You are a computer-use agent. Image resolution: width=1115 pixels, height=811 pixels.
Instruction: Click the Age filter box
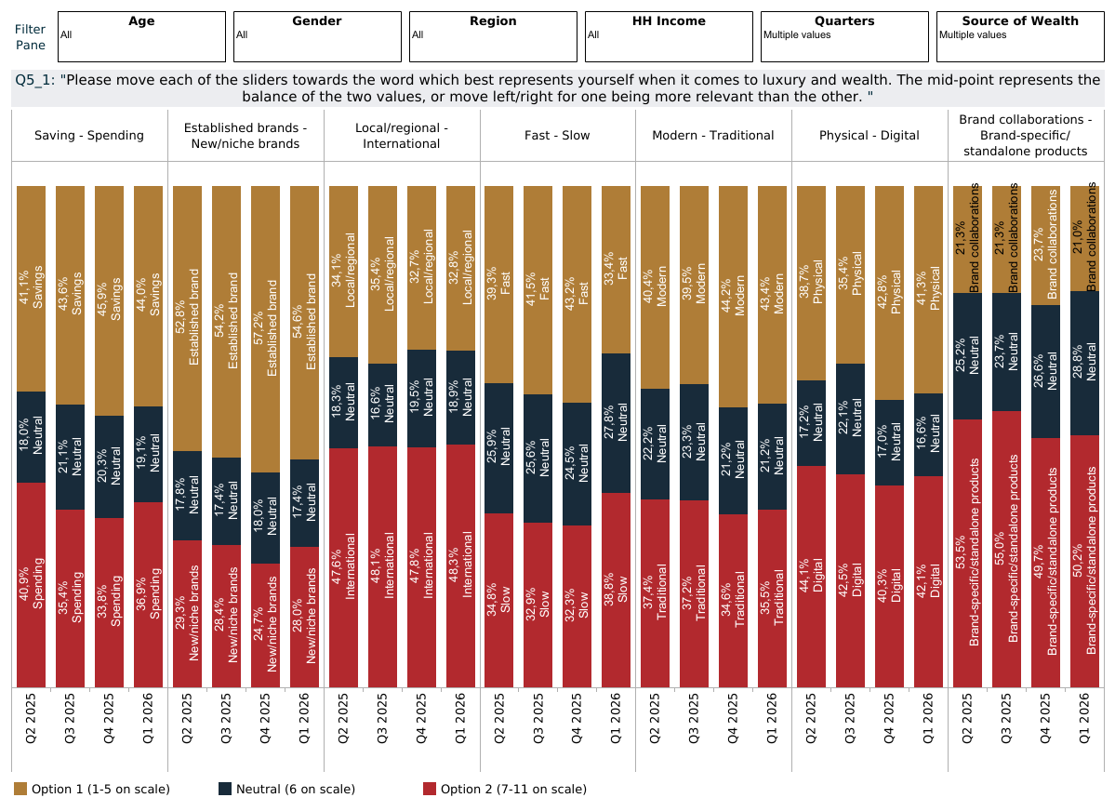(141, 36)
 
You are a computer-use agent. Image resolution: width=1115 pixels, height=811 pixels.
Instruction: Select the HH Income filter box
(669, 36)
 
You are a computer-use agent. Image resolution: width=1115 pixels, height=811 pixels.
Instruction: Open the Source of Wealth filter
(1020, 36)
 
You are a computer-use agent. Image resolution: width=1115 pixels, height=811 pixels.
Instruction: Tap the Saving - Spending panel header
(89, 136)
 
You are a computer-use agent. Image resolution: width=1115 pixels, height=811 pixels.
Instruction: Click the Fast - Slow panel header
(558, 136)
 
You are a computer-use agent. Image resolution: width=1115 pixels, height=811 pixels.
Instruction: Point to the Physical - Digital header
(869, 136)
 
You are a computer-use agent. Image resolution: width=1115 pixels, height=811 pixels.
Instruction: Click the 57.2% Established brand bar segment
(265, 329)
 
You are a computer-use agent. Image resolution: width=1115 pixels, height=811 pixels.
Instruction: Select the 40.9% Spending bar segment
(31, 584)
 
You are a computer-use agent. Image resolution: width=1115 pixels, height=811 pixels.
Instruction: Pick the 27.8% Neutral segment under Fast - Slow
(616, 423)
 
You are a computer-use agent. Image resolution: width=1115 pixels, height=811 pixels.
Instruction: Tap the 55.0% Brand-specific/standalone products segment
(1006, 549)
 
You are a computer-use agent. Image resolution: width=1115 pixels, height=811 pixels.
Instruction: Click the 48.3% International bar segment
(460, 565)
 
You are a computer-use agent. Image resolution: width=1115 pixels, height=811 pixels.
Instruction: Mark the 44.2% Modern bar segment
(733, 297)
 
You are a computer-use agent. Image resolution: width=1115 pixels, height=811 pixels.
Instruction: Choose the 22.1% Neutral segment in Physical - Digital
(850, 419)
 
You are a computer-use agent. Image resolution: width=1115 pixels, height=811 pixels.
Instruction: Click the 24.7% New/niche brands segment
(265, 625)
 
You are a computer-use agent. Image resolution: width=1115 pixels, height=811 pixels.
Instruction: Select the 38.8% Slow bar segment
(616, 590)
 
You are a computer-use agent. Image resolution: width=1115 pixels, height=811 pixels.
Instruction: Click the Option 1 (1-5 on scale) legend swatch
(20, 789)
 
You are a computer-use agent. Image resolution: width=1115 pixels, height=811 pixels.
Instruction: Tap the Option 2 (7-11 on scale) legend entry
(512, 789)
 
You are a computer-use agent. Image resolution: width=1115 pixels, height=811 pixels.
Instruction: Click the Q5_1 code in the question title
(34, 80)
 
